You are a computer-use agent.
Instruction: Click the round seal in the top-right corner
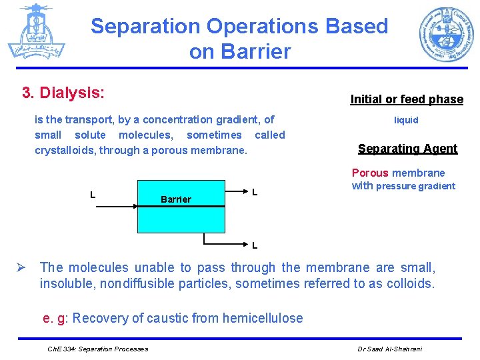(x=446, y=35)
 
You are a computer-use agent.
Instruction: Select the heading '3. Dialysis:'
(x=63, y=92)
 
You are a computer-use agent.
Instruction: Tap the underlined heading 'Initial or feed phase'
(x=407, y=99)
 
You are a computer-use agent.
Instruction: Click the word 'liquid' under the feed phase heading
(x=406, y=120)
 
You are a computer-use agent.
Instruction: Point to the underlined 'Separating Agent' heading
(x=407, y=149)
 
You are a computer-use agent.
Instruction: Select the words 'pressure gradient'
(x=415, y=186)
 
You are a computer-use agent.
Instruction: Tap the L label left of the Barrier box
(x=93, y=195)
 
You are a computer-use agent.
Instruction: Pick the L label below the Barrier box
(x=255, y=245)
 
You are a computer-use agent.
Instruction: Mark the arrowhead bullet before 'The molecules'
(x=21, y=268)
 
